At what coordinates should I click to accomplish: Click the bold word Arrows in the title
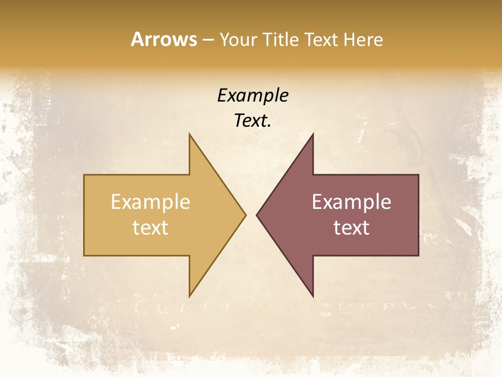[x=164, y=39]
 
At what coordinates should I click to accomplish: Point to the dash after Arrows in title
[x=208, y=40]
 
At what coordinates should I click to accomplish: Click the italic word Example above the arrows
[x=253, y=96]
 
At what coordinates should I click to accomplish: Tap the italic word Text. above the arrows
[x=253, y=121]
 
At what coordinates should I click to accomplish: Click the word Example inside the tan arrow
[x=151, y=202]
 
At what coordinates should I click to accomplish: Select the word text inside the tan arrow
[x=151, y=227]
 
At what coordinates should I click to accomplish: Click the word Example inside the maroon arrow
[x=351, y=202]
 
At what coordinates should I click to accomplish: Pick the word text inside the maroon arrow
[x=351, y=227]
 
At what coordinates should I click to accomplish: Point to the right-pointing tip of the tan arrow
[x=245, y=215]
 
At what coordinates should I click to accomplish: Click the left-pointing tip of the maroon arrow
[x=257, y=215]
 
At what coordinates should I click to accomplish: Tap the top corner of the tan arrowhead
[x=190, y=135]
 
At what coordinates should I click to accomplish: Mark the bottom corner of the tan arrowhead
[x=190, y=296]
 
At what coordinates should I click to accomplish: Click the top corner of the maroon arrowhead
[x=313, y=135]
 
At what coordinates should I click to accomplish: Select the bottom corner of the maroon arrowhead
[x=313, y=296]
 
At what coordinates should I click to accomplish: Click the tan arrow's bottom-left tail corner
[x=85, y=255]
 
